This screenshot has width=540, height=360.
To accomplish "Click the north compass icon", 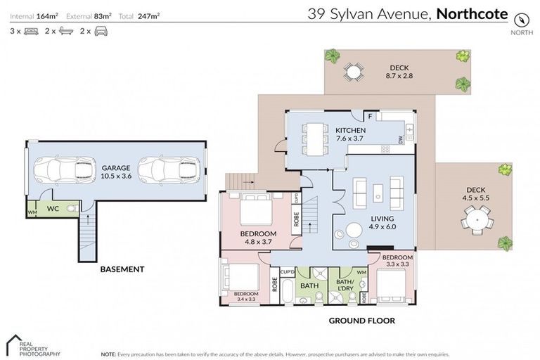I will pos(522,18).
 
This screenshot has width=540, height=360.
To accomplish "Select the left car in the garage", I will pos(65,169).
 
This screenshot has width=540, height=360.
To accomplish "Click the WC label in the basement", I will pos(53,209).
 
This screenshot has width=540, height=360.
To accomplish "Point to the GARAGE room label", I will pos(115,168).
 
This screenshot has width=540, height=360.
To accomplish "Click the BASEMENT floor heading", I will pos(122,269).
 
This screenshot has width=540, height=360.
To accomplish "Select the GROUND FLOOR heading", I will pos(361,321).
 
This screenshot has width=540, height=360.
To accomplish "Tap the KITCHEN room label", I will pos(349,130).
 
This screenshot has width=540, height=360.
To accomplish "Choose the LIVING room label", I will pos(382,219).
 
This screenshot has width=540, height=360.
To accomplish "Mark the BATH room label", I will pos(309,286).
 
